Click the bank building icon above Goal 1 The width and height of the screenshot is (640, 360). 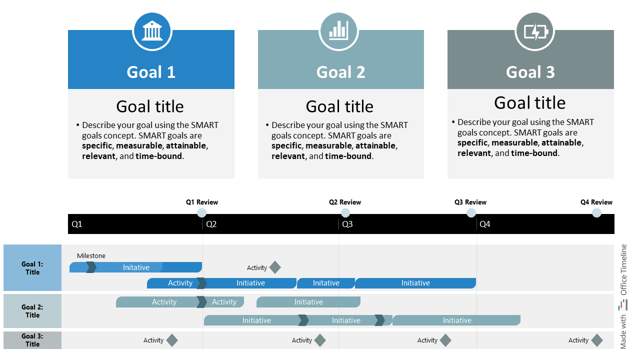pyautogui.click(x=152, y=31)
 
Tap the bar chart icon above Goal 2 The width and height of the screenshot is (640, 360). pyautogui.click(x=338, y=31)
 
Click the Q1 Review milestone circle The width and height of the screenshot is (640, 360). pyautogui.click(x=202, y=213)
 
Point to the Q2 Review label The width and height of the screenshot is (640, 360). pyautogui.click(x=345, y=202)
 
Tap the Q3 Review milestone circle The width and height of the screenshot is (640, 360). pyautogui.click(x=471, y=213)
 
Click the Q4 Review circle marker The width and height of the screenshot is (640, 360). pyautogui.click(x=596, y=213)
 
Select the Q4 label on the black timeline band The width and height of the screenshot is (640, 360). pyautogui.click(x=485, y=224)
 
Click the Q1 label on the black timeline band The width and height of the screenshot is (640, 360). pyautogui.click(x=77, y=224)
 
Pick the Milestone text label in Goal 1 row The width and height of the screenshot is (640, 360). pyautogui.click(x=91, y=256)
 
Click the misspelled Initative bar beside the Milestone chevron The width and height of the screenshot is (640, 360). pyautogui.click(x=136, y=267)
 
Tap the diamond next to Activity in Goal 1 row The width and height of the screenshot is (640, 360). pyautogui.click(x=274, y=267)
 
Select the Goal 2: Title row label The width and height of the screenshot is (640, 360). pyautogui.click(x=32, y=311)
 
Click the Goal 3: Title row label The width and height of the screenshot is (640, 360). pyautogui.click(x=32, y=340)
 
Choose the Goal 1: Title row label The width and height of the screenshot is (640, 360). pyautogui.click(x=32, y=268)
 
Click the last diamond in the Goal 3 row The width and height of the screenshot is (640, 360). pyautogui.click(x=596, y=340)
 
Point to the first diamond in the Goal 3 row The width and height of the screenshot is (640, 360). pyautogui.click(x=171, y=340)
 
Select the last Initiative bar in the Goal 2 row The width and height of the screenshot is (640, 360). pyautogui.click(x=456, y=320)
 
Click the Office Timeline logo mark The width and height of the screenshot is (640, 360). pyautogui.click(x=623, y=304)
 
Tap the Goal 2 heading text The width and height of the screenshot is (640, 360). pyautogui.click(x=340, y=72)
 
